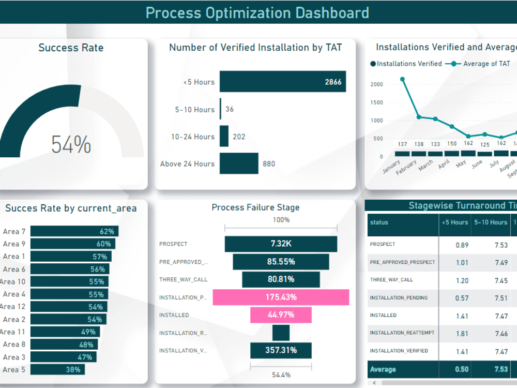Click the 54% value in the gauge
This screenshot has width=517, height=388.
point(71,144)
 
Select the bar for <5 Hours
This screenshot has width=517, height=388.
point(282,82)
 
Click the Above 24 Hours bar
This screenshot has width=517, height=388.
point(239,163)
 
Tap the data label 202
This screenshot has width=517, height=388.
point(239,137)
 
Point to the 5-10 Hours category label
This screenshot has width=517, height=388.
point(194,110)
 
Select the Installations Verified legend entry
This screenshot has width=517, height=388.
point(409,64)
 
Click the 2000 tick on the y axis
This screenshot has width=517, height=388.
point(376,84)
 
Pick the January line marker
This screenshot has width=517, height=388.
point(402,79)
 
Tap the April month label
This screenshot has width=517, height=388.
point(444,165)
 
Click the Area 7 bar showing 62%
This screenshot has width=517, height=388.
point(74,231)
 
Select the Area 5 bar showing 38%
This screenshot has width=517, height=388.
point(57,369)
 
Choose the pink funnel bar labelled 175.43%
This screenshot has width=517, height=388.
point(281,297)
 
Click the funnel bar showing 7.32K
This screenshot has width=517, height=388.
point(281,244)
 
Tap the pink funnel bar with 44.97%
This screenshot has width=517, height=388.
point(281,315)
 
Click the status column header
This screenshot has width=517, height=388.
point(379,222)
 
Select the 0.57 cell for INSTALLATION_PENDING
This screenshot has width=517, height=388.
point(462,298)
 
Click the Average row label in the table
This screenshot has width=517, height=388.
point(383,369)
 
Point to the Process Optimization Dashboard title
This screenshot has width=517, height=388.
point(257,12)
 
